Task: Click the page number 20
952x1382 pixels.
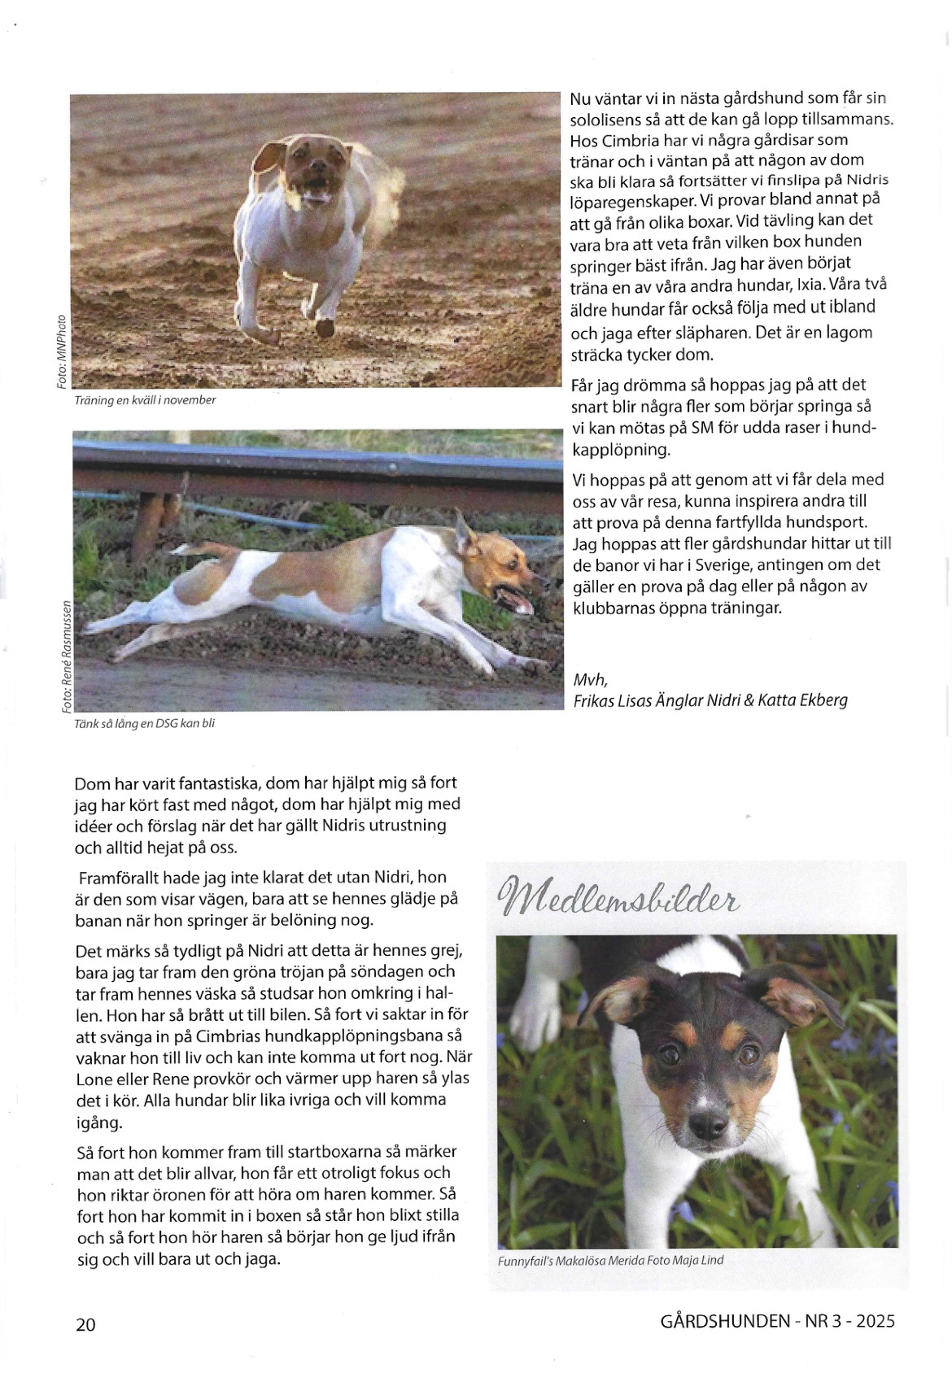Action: pos(85,1323)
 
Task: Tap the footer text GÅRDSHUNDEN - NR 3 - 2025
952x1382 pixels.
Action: pos(777,1320)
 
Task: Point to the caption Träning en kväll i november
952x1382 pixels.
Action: pos(145,400)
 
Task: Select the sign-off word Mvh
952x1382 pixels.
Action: pos(590,679)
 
